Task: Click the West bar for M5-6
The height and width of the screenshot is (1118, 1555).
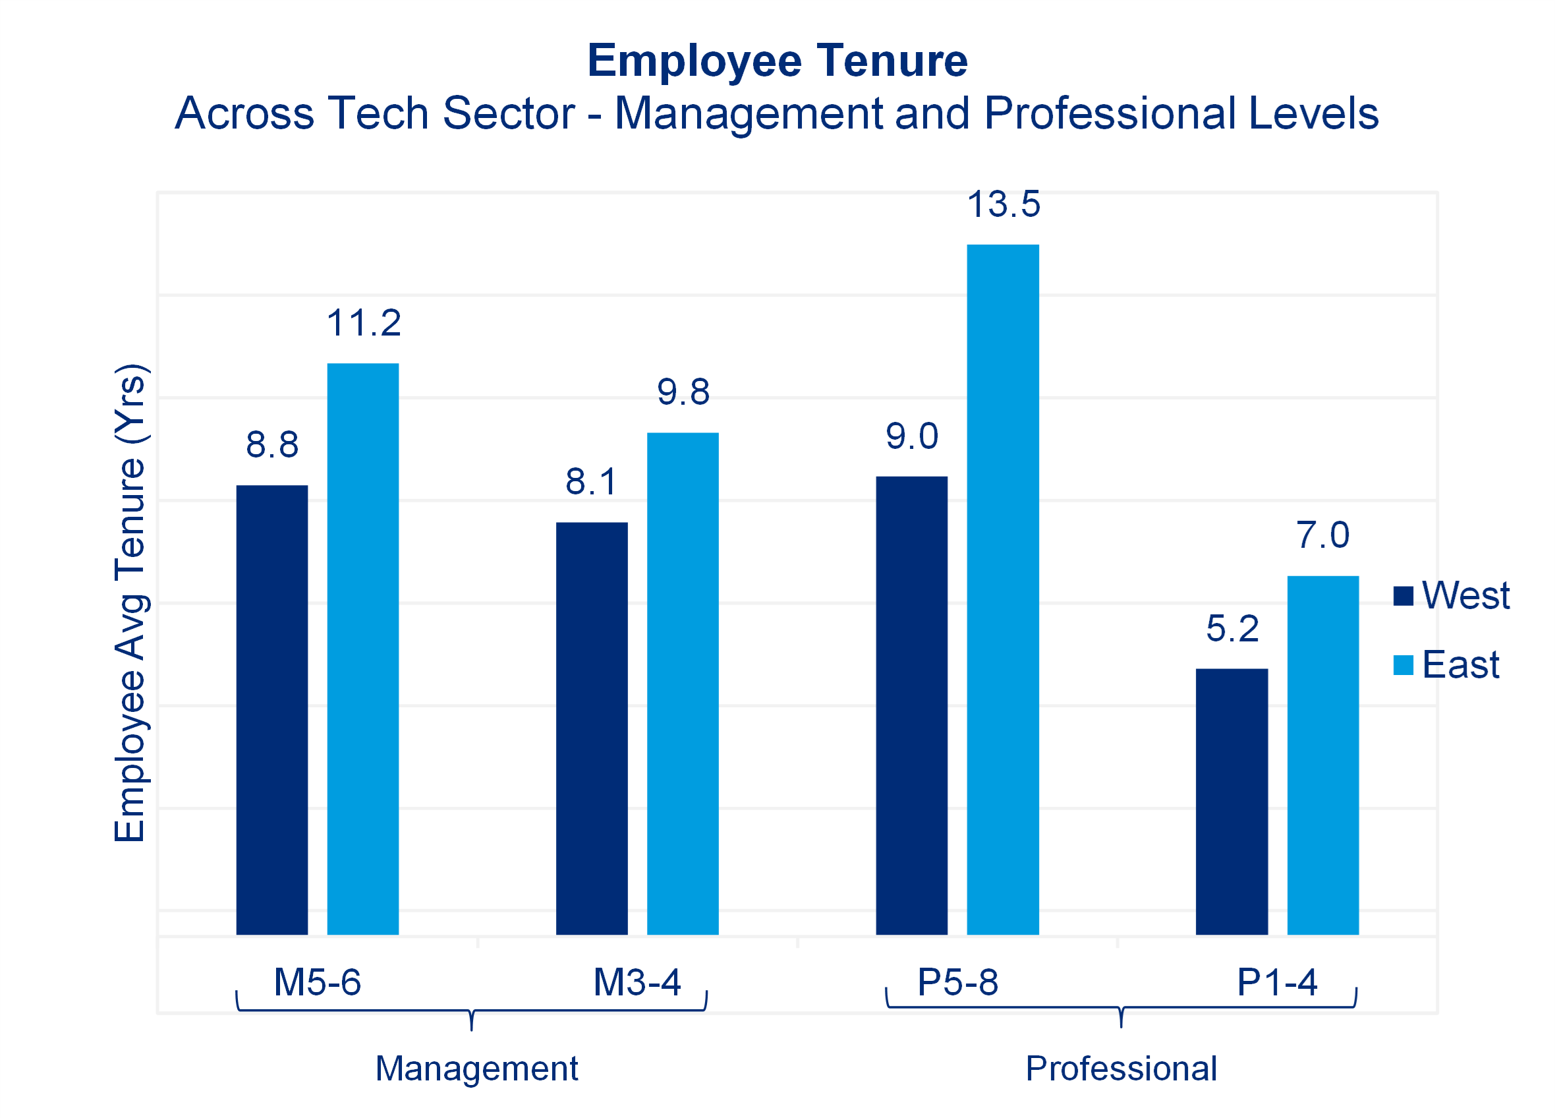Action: pyautogui.click(x=272, y=710)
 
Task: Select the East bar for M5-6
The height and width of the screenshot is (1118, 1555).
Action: pyautogui.click(x=362, y=649)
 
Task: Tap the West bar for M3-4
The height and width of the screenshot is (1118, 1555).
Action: pyautogui.click(x=592, y=728)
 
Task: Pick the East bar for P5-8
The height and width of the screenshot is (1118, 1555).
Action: pyautogui.click(x=1002, y=590)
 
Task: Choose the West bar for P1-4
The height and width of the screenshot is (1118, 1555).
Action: pyautogui.click(x=1231, y=801)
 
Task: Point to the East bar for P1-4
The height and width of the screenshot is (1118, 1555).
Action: pyautogui.click(x=1322, y=755)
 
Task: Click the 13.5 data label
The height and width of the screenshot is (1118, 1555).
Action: pyautogui.click(x=1003, y=204)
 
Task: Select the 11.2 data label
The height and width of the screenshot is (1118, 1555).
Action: pyautogui.click(x=363, y=323)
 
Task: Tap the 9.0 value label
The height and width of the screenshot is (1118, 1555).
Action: pyautogui.click(x=912, y=436)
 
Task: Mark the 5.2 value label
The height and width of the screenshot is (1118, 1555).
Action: pyautogui.click(x=1232, y=629)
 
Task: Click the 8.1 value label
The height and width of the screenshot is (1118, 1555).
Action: pyautogui.click(x=592, y=481)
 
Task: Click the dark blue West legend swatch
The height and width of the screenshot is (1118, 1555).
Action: pyautogui.click(x=1403, y=596)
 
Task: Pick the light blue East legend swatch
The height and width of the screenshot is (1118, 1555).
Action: pyautogui.click(x=1403, y=665)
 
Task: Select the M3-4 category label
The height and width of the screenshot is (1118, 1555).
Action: pyautogui.click(x=637, y=982)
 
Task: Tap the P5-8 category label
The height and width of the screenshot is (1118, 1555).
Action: pyautogui.click(x=958, y=982)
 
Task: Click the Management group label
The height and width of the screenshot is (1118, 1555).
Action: pyautogui.click(x=476, y=1069)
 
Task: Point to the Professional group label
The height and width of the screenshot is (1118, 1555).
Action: pyautogui.click(x=1121, y=1069)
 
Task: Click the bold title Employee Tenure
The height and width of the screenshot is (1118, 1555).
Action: pyautogui.click(x=777, y=61)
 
